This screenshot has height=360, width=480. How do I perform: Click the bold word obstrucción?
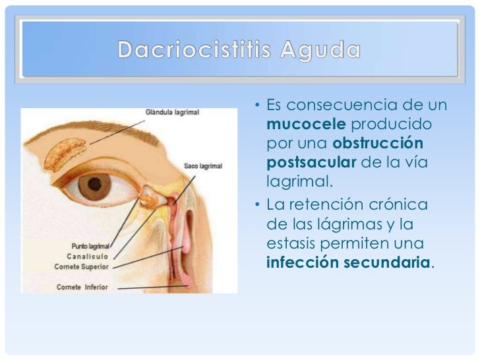[378, 143]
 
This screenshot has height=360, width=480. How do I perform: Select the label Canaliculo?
[87, 256]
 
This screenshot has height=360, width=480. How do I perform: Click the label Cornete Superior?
[81, 266]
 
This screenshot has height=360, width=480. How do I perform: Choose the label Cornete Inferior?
[81, 287]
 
